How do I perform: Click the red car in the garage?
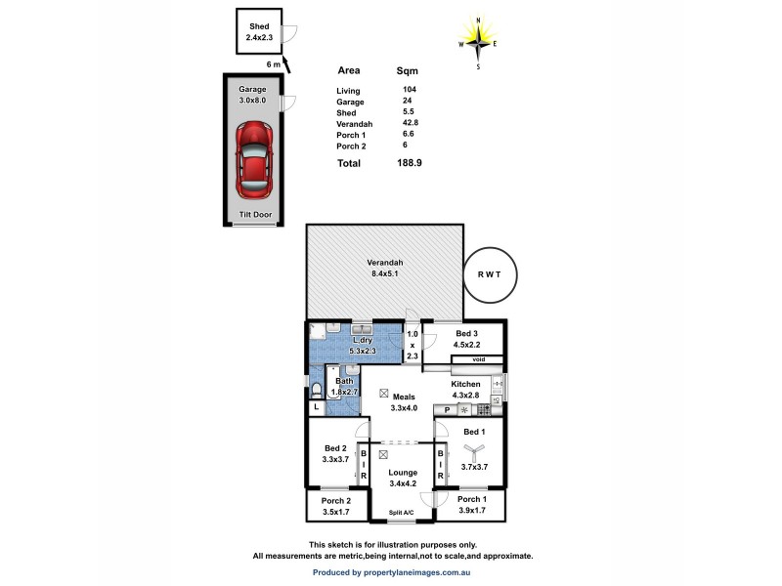click(x=254, y=156)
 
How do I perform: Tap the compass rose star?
click(x=478, y=41)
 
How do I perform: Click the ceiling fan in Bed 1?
click(x=471, y=450)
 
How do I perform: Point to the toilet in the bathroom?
click(x=318, y=391)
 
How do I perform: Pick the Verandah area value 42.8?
click(x=410, y=124)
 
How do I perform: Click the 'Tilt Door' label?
click(x=254, y=215)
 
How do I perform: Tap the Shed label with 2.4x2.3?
click(x=258, y=33)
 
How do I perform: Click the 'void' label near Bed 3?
click(x=478, y=359)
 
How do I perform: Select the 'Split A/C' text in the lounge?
click(x=402, y=513)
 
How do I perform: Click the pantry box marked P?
click(x=447, y=410)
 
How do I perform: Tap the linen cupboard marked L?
click(x=317, y=406)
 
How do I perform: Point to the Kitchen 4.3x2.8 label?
click(x=465, y=390)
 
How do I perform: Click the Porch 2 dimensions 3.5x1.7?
click(x=336, y=511)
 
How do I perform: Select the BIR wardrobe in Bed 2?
click(x=364, y=464)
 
